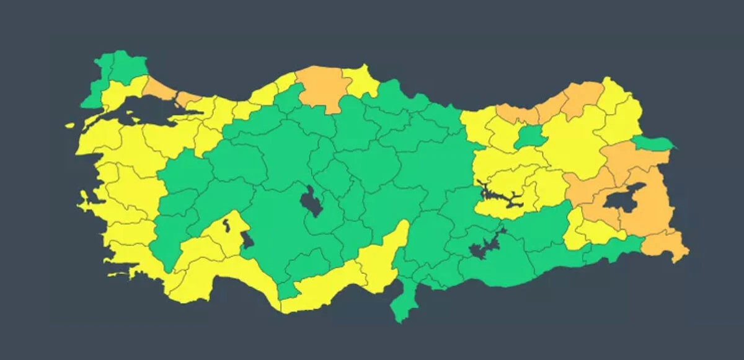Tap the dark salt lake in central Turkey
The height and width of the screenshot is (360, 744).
[x=311, y=201]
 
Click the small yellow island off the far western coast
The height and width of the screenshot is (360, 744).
[x=70, y=126]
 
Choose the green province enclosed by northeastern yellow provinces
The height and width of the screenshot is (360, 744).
[x=529, y=138]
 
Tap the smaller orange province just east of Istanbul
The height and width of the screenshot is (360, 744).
[x=188, y=99]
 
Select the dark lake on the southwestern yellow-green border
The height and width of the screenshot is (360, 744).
[x=247, y=239]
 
